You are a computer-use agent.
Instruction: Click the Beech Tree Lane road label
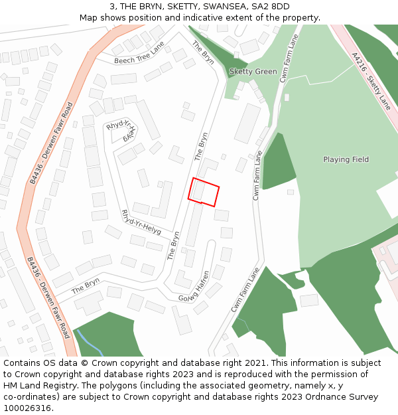click(x=139, y=53)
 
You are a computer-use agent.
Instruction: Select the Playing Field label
click(x=346, y=159)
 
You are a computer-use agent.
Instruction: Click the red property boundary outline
click(x=204, y=193)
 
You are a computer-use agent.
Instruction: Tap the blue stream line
click(x=90, y=342)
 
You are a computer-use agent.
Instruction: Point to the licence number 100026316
click(x=28, y=408)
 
